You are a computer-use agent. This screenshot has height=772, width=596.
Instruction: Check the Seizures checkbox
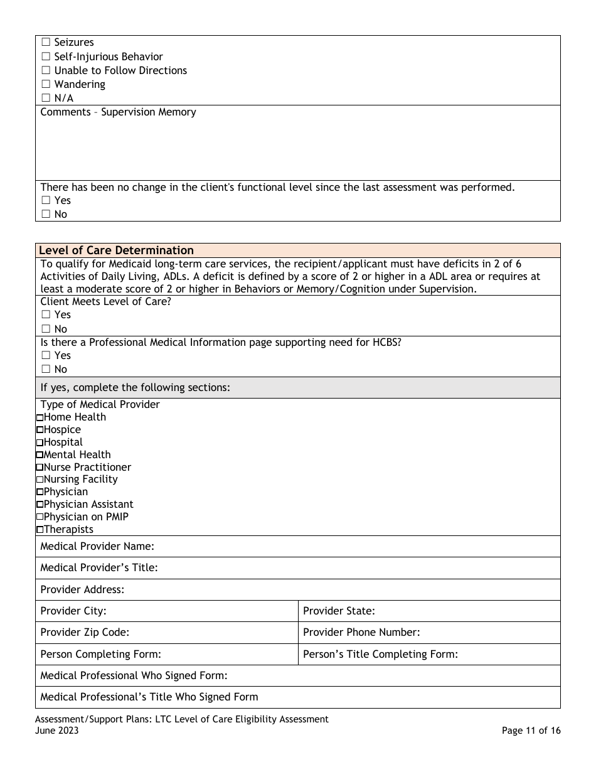pos(45,43)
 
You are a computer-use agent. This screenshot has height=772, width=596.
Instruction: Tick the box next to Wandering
pos(45,85)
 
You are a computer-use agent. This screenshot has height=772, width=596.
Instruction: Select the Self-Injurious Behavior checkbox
pos(45,57)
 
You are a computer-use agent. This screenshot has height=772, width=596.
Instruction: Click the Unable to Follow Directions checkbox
pos(45,71)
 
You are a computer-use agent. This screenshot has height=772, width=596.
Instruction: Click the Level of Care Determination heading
pos(116,250)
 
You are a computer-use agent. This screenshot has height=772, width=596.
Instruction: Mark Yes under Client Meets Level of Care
pos(45,315)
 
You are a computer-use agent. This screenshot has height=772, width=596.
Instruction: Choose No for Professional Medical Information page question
pos(45,370)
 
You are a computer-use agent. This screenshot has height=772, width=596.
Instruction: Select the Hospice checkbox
pos(40,430)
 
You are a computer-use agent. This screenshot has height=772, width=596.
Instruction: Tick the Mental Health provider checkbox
pos(40,455)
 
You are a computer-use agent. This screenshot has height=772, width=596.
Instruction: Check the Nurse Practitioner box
pos(40,468)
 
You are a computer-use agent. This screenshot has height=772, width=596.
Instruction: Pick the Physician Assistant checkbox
pos(40,505)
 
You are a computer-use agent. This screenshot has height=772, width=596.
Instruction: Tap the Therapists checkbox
pos(40,530)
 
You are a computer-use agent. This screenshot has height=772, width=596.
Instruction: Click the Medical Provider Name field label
pos(97,547)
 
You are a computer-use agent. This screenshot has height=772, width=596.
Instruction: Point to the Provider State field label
pos(339,611)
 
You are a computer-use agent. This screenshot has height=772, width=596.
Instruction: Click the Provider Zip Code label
pos(85,633)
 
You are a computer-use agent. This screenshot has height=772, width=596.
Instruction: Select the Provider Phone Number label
pos(361,633)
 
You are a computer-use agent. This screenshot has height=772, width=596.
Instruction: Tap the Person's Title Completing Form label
pos(380,654)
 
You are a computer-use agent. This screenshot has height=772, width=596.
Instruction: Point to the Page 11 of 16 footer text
pos(531,731)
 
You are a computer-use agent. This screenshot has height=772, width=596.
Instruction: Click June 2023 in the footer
pos(57,731)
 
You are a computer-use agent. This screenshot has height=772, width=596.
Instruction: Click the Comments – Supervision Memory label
pos(118,112)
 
